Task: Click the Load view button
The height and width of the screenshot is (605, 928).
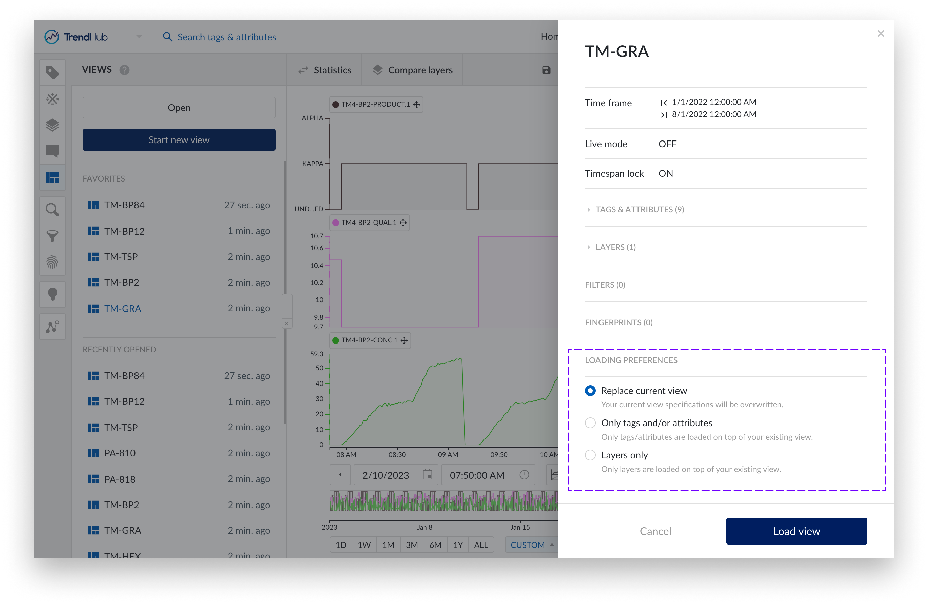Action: [x=796, y=531]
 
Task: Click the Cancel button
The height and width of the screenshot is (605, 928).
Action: [x=655, y=531]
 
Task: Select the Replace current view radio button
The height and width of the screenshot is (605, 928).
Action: [x=590, y=391]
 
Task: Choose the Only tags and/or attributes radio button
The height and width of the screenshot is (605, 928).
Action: [x=590, y=423]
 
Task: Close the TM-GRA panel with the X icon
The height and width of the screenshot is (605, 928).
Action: [x=881, y=34]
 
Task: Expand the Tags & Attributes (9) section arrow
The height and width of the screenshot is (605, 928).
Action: [x=589, y=210]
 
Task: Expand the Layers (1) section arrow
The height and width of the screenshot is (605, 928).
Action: [x=589, y=247]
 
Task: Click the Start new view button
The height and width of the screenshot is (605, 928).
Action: [x=179, y=140]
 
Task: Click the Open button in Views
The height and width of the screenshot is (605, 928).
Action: [x=179, y=108]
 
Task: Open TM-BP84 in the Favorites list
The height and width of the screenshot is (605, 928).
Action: [x=124, y=205]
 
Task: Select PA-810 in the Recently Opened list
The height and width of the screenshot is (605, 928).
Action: [x=120, y=453]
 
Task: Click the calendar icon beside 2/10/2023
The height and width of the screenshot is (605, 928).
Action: [x=427, y=475]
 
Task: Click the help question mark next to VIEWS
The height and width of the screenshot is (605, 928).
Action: [x=124, y=70]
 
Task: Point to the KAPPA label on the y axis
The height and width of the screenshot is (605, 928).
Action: [x=313, y=164]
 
